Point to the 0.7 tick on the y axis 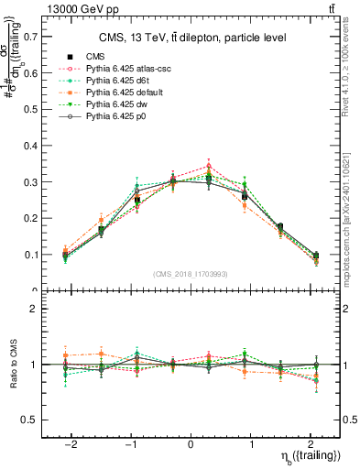27,37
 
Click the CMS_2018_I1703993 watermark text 191,274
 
